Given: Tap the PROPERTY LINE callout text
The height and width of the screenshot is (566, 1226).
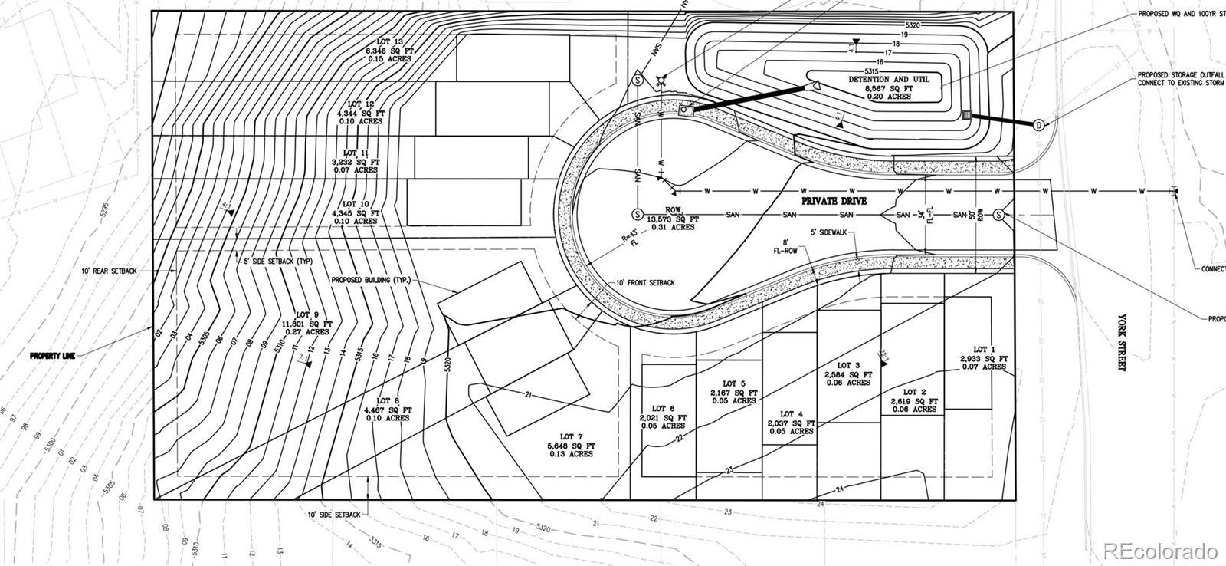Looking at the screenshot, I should tap(52, 357).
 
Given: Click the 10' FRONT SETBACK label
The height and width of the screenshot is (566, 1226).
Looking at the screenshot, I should tap(645, 283).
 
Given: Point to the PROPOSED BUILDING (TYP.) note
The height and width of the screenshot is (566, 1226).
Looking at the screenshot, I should tap(371, 281).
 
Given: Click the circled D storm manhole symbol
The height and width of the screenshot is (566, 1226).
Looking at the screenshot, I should tap(1038, 125).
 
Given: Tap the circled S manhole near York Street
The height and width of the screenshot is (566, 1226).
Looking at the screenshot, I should tap(999, 215).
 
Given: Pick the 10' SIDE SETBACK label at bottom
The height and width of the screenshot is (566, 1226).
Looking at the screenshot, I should tap(335, 515).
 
